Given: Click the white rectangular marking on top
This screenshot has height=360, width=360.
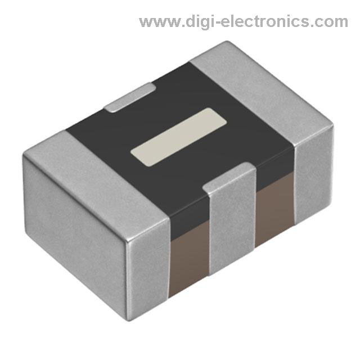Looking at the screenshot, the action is tap(178, 137).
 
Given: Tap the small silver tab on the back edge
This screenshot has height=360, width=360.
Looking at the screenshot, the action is tap(130, 97).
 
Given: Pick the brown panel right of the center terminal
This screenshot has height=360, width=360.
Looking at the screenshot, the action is tap(274, 208).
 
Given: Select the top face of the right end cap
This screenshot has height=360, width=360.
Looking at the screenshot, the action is tap(262, 94).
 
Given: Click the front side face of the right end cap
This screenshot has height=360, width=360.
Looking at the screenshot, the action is tap(313, 174).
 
